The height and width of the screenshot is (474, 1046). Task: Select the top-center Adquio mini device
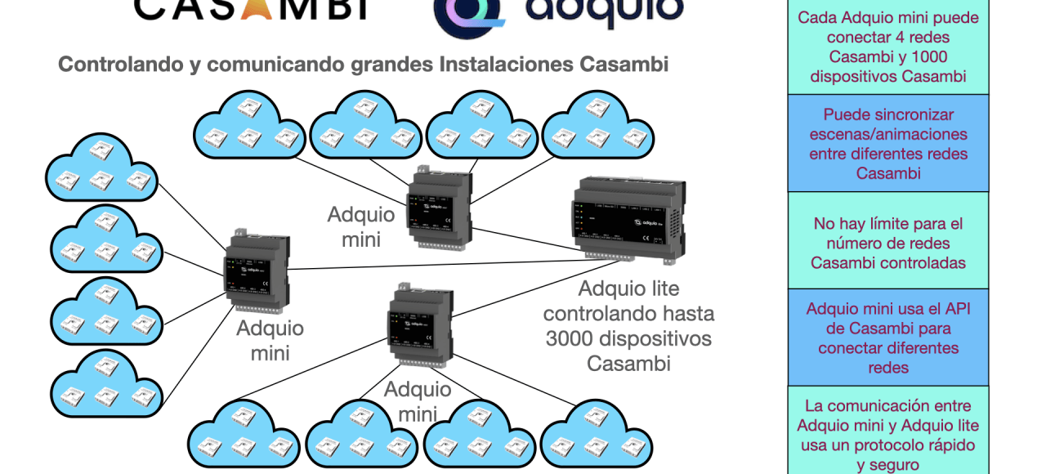point(440,208)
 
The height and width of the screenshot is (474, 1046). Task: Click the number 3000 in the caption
point(570,338)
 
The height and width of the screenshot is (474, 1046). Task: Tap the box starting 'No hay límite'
point(888,242)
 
